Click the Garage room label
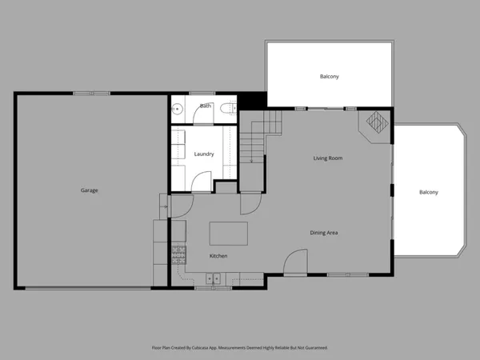89,190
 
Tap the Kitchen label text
218,256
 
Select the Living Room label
328,158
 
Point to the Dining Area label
324,233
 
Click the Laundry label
204,154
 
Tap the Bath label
206,106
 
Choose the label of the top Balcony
329,77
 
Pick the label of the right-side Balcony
429,192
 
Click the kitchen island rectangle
228,234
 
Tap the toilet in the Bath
228,107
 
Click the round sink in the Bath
178,108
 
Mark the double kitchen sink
212,278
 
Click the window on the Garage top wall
91,94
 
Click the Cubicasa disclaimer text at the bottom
240,348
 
